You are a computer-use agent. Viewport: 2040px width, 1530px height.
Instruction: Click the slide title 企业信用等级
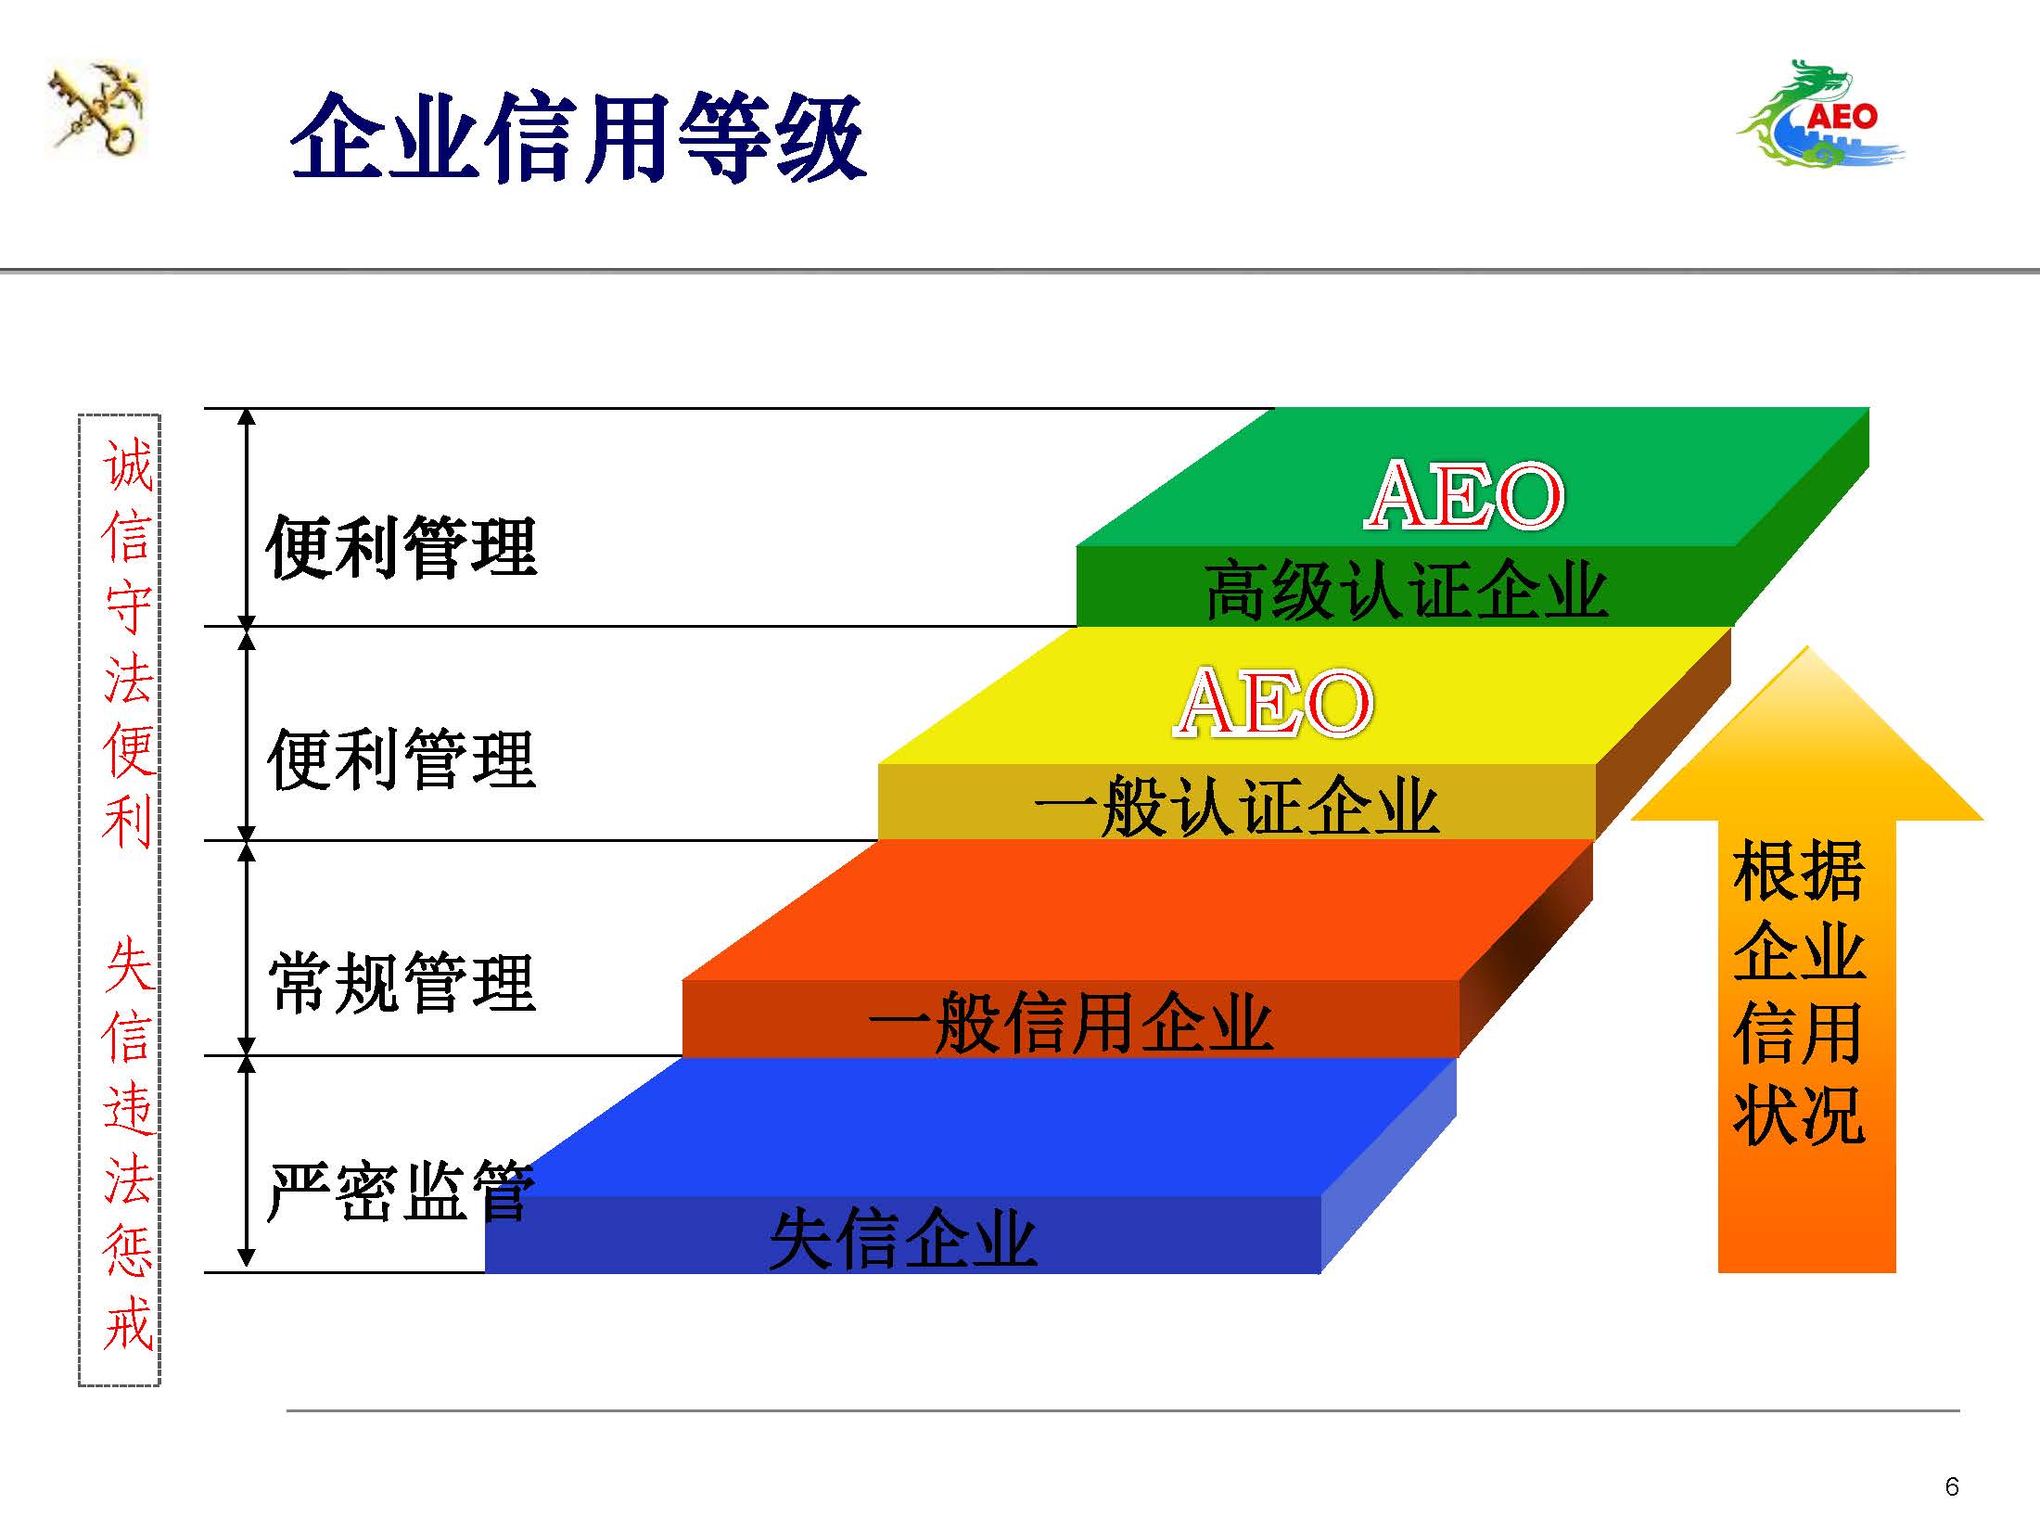[x=579, y=137]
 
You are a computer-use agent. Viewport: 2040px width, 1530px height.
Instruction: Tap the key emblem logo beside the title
[x=96, y=108]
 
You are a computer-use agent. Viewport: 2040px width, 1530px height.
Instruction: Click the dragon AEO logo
[x=1819, y=114]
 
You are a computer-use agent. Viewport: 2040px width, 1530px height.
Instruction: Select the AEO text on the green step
[x=1465, y=496]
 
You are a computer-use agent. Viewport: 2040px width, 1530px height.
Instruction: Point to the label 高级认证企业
[x=1406, y=590]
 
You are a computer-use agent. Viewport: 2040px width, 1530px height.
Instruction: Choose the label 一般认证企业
[x=1236, y=806]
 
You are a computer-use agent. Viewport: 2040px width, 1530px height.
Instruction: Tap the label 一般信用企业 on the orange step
[x=1071, y=1022]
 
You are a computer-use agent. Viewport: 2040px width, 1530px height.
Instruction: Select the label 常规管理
[x=402, y=982]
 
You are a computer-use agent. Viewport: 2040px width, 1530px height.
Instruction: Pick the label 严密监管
[x=401, y=1191]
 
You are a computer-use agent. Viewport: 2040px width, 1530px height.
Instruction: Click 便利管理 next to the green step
[x=402, y=547]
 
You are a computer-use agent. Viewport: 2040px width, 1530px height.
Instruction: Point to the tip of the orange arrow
[x=1807, y=646]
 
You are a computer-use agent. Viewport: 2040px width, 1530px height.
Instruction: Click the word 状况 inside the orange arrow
[x=1799, y=1114]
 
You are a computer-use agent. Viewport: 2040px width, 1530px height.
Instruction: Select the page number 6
[x=1952, y=1487]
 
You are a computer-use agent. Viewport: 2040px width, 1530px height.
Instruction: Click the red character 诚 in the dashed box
[x=128, y=464]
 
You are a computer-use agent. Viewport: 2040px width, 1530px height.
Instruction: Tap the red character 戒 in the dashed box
[x=128, y=1322]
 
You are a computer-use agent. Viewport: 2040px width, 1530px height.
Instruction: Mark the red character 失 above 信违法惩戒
[x=128, y=964]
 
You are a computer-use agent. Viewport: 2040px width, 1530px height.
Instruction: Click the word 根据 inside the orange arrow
[x=1799, y=871]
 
